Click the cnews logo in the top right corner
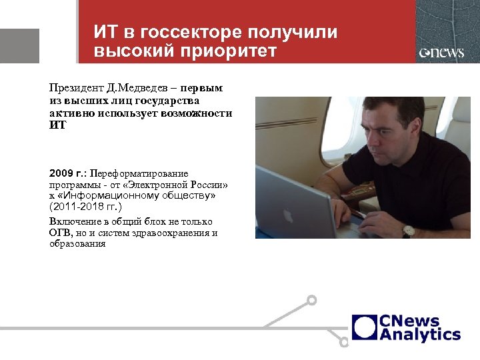441,53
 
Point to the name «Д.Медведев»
140,88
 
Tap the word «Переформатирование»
140,173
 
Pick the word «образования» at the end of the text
77,244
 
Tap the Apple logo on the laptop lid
289,215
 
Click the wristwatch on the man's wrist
408,231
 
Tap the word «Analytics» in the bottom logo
420,335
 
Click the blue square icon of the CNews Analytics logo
365,327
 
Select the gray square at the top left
19,46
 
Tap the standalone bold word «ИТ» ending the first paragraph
58,125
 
